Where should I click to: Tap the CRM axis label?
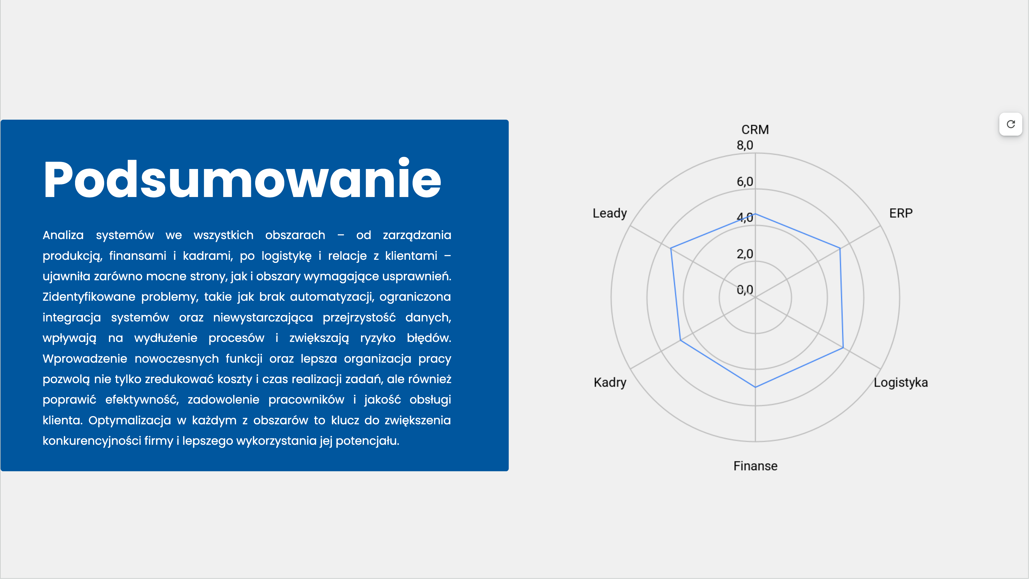pos(755,129)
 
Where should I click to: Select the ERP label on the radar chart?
pos(901,213)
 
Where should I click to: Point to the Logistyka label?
pos(900,383)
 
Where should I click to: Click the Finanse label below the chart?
pos(755,466)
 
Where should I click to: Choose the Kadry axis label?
pos(610,383)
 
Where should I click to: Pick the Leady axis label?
pos(609,213)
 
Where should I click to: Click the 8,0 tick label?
pos(745,145)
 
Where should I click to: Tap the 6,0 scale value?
pos(745,182)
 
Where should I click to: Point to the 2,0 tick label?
pos(745,254)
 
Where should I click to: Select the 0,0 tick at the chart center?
pos(745,290)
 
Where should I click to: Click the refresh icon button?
pos(1011,124)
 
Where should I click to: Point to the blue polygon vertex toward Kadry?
pos(680,341)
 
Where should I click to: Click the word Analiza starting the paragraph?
pos(63,235)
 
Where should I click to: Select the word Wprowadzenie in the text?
pos(85,359)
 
